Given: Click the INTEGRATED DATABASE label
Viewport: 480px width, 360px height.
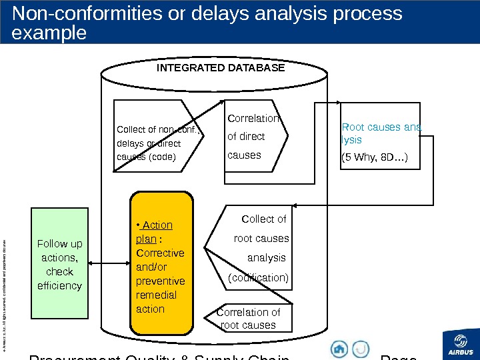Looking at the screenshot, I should (x=220, y=68).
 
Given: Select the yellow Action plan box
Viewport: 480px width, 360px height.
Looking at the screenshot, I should (x=162, y=264).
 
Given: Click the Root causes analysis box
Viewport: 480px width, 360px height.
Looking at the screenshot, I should (x=380, y=137).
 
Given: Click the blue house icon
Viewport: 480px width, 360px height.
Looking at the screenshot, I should (x=339, y=349).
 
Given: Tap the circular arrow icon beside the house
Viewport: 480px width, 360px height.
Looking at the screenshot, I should (x=360, y=349).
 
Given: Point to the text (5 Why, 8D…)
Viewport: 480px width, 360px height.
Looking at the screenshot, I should (x=375, y=159).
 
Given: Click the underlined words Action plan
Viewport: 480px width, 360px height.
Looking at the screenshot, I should (x=155, y=232).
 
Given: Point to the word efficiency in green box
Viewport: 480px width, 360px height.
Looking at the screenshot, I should (x=60, y=285).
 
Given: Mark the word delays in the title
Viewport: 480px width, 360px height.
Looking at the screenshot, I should (x=257, y=13).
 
